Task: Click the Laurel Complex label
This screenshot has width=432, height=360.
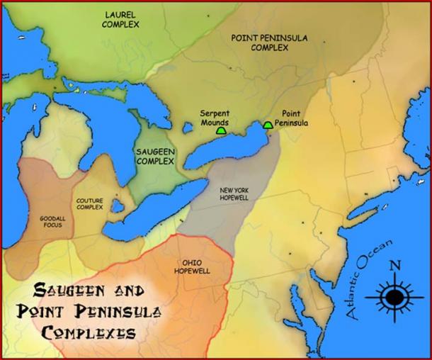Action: point(122,19)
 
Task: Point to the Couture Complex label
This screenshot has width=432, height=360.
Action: point(90,204)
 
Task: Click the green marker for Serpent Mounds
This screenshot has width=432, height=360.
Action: point(222,130)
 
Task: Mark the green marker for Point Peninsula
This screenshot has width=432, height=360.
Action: point(268,125)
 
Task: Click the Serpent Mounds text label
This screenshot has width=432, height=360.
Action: point(214,117)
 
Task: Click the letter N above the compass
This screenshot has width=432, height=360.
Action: point(395,267)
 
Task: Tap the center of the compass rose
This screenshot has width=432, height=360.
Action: point(394,296)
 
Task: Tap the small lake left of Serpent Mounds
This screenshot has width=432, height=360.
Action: point(188,129)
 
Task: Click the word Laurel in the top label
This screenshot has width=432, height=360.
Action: point(122,14)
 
